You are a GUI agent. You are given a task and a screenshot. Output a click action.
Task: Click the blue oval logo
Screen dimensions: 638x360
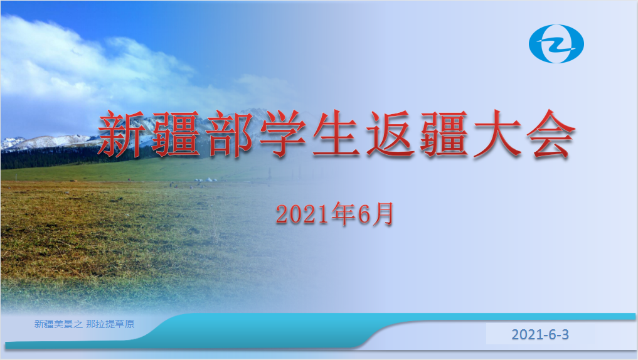pos(556,44)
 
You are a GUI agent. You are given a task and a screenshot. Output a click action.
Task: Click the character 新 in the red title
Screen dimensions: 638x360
pos(121,134)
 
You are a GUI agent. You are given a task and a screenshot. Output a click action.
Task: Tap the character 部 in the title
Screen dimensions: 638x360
pos(230,134)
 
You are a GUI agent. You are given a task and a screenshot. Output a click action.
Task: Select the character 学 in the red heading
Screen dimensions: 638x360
pos(283,134)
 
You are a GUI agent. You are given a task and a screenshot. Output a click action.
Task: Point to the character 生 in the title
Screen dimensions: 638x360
pos(337,134)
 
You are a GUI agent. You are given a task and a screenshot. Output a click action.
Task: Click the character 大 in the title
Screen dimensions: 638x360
pos(497,134)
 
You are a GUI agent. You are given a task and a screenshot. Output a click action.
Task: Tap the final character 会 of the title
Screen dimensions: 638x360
pos(551,134)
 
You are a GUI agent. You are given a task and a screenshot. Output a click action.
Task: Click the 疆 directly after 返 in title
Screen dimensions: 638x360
pos(444,134)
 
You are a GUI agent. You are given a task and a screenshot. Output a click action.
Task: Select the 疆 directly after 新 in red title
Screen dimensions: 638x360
pos(176,134)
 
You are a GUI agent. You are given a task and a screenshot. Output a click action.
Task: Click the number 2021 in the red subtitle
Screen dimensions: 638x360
pos(302,214)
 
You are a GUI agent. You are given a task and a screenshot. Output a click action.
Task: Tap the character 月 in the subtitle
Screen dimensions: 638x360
pos(383,214)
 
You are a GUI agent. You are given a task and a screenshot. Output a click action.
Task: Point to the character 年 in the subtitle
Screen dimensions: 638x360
pos(343,214)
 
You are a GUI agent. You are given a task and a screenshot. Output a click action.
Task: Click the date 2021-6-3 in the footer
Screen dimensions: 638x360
pos(540,334)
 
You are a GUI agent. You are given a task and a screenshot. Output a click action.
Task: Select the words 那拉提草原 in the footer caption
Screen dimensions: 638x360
pos(110,324)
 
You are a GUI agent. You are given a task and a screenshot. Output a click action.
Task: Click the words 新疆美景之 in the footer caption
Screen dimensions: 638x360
pos(58,324)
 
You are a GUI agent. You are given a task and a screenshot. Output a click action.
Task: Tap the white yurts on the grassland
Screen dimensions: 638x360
pos(206,179)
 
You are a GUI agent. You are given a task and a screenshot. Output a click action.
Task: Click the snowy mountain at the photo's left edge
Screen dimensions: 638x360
pos(12,143)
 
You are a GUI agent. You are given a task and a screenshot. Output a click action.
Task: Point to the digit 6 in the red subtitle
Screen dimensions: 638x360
pos(364,214)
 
